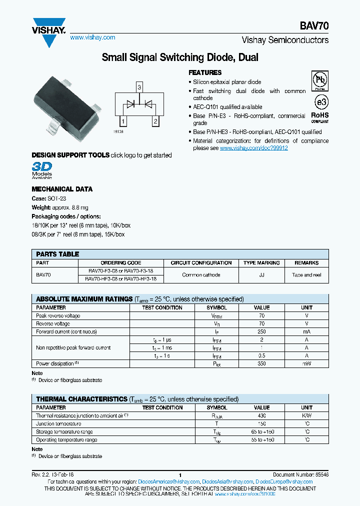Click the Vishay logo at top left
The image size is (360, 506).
coord(48,28)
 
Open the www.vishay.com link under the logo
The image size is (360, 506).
coord(92,37)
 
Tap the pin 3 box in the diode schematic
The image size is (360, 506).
coord(139,87)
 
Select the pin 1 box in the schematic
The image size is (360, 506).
coord(122,121)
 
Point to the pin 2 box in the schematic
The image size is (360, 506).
coord(156,121)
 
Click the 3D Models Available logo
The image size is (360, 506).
coord(42,169)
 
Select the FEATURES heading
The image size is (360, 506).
coord(205,72)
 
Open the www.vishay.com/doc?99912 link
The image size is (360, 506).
coord(253,148)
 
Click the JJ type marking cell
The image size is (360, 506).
coord(261,275)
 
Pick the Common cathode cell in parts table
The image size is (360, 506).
coord(201,275)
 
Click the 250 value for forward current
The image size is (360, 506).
coord(261,331)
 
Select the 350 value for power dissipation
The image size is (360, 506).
coord(261,363)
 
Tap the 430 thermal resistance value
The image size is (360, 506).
coord(261,415)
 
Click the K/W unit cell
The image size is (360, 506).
coord(306,415)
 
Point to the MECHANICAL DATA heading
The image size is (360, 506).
coord(62,189)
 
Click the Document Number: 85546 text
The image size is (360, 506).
coord(300,474)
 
